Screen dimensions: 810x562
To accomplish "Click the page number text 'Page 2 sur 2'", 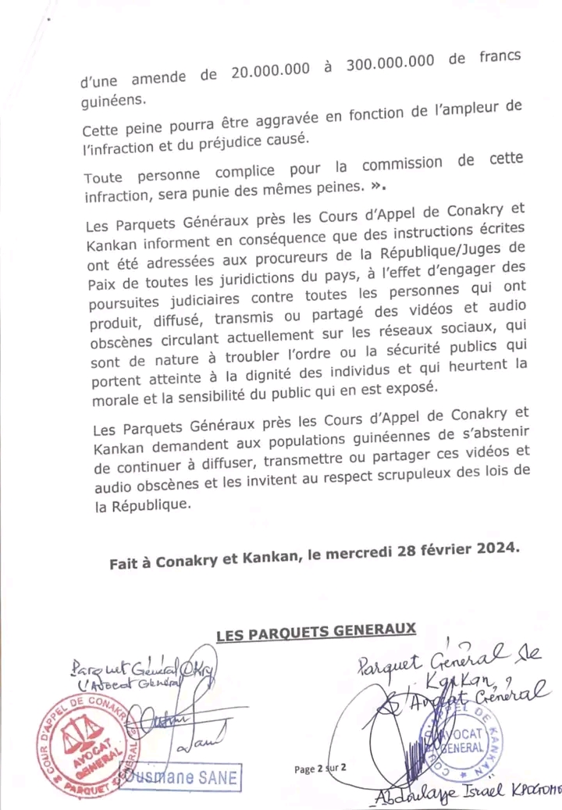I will pyautogui.click(x=321, y=769).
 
